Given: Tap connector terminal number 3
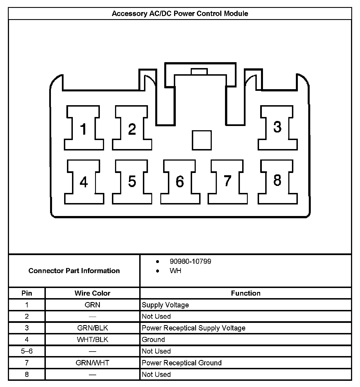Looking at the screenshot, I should (x=277, y=127).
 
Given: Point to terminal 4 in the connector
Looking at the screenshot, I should (x=84, y=182).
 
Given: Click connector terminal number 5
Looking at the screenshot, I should (x=132, y=181).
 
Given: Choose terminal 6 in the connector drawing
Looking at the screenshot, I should (x=180, y=181).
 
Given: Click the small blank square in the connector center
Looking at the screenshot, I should (x=202, y=140).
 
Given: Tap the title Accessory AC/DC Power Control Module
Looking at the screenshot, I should (x=180, y=13).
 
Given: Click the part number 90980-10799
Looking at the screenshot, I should (x=190, y=261).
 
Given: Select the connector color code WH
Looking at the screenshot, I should (x=175, y=271).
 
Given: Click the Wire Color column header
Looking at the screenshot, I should (x=92, y=293).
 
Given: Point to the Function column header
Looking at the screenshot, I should (x=246, y=293).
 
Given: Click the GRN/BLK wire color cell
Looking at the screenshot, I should (x=92, y=328).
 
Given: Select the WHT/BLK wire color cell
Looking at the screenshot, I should (x=92, y=339).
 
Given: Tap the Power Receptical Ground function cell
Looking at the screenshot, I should (x=182, y=363).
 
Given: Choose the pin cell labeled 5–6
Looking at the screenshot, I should (x=27, y=351).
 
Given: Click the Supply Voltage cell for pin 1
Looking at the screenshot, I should (x=165, y=305).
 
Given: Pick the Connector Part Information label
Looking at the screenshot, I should (x=74, y=271).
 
